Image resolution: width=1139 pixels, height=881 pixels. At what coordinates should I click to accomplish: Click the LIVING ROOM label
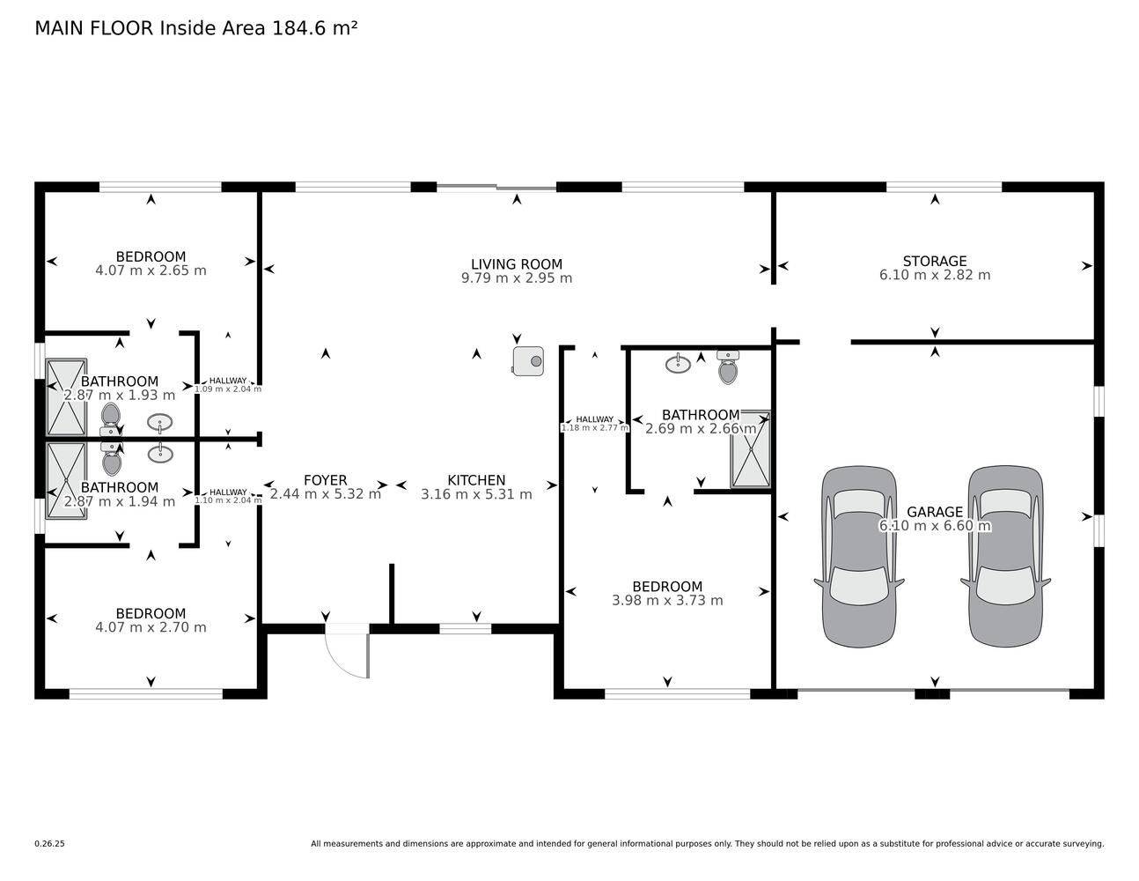(x=517, y=264)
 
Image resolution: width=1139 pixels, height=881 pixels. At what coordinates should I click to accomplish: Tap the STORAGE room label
(x=935, y=261)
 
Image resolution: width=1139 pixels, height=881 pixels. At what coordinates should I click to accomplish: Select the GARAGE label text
(x=935, y=512)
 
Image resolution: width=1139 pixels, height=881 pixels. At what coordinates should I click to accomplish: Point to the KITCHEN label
(x=476, y=480)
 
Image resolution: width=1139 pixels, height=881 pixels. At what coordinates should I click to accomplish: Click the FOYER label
(x=325, y=480)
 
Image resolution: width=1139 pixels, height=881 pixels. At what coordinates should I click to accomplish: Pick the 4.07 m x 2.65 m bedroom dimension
(x=151, y=270)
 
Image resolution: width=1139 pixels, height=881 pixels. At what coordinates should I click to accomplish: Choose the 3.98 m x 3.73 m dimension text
(x=667, y=601)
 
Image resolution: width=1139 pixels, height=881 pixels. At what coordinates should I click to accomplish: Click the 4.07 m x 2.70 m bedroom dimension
(x=151, y=627)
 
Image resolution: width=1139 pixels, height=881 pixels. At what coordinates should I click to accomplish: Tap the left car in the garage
(x=858, y=557)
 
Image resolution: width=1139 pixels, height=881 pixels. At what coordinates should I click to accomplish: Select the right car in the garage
(x=1005, y=557)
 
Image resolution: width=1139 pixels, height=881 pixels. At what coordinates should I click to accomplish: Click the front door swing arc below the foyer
(x=340, y=666)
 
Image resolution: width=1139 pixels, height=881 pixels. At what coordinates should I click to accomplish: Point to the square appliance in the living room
(x=528, y=361)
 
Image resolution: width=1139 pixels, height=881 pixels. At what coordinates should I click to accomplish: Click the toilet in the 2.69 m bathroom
(x=728, y=367)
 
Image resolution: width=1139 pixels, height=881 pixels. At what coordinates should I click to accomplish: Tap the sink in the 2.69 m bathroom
(x=678, y=363)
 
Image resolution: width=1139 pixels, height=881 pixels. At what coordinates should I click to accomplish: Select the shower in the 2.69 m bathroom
(x=751, y=449)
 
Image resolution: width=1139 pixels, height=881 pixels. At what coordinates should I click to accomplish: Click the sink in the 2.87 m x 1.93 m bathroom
(x=160, y=422)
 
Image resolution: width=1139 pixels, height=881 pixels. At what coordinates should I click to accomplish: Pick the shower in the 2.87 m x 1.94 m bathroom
(x=66, y=481)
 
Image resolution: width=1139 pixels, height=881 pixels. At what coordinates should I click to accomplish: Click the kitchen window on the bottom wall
(x=465, y=629)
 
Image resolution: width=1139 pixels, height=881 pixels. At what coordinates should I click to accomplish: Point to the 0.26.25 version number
(x=50, y=844)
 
